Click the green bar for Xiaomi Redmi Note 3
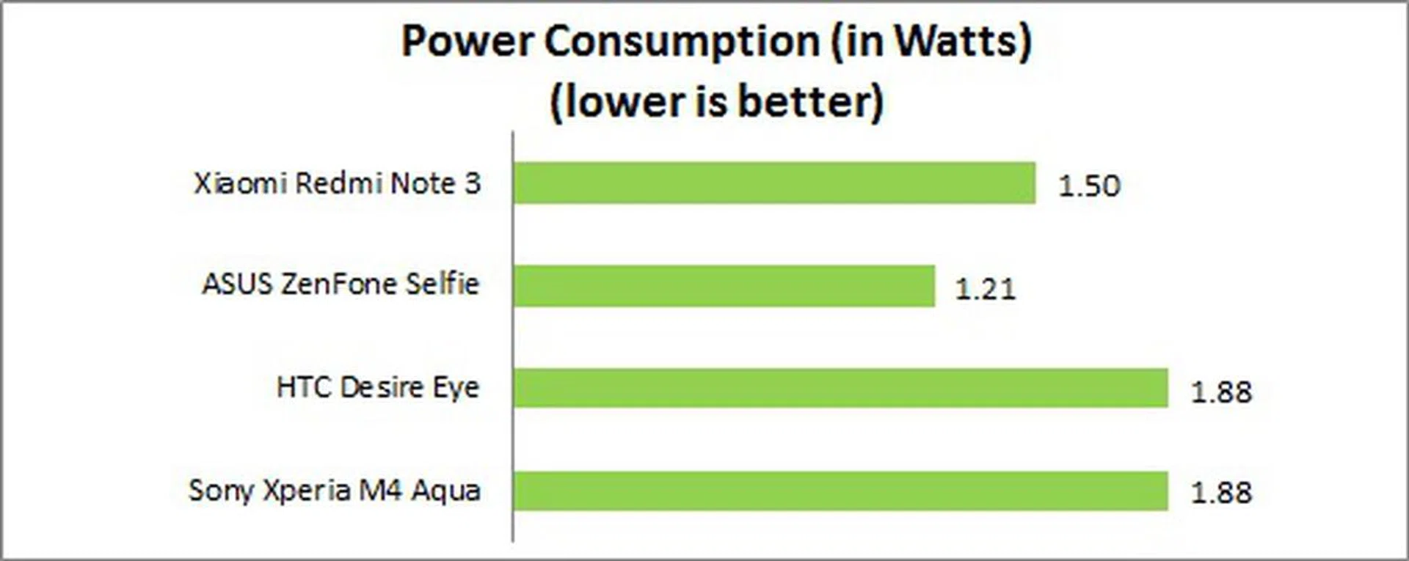(774, 183)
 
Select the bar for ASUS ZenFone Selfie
(724, 286)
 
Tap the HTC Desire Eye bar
(840, 388)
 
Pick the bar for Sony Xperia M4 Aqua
(840, 491)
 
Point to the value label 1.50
(1089, 186)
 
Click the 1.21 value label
(985, 289)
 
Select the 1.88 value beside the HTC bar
(1221, 392)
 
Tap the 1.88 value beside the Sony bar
(1221, 493)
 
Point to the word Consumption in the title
(681, 43)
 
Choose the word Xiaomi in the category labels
(239, 183)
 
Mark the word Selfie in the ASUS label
(443, 284)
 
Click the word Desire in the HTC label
(382, 387)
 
